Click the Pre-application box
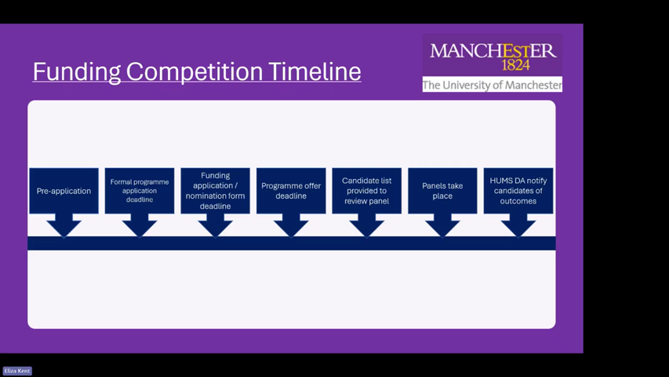tap(64, 191)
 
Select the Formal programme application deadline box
tap(140, 191)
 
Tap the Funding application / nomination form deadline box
tap(215, 191)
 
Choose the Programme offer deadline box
tap(291, 191)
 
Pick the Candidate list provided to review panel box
tap(366, 191)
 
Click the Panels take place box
tap(442, 191)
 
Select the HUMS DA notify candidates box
tap(518, 191)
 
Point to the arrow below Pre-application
tap(64, 225)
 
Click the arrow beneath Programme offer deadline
tap(291, 225)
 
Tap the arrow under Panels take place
tap(442, 225)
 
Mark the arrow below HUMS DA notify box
tap(518, 225)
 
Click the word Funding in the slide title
tap(76, 71)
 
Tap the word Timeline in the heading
tap(315, 71)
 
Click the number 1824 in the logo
tap(516, 65)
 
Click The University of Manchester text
tap(493, 85)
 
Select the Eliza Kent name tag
tap(17, 371)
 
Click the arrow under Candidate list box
tap(366, 225)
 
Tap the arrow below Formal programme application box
tap(140, 225)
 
